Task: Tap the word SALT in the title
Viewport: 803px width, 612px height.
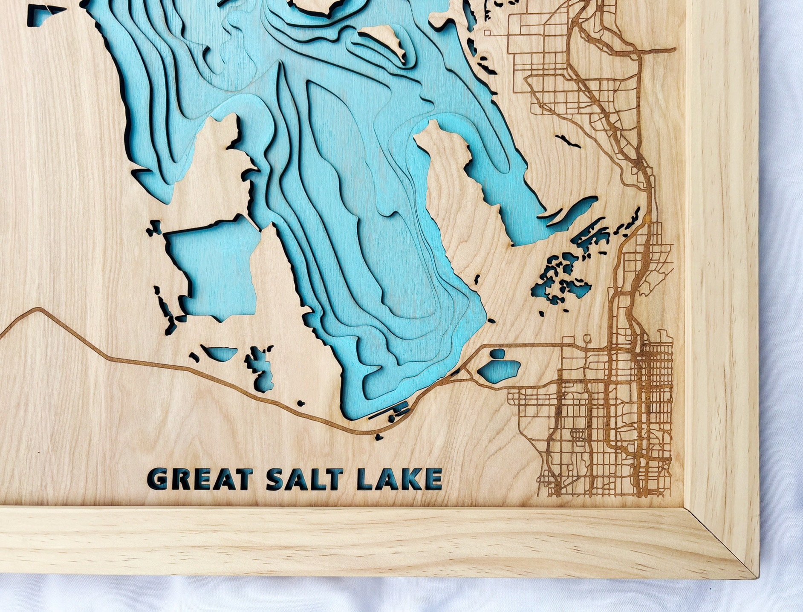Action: [x=303, y=479]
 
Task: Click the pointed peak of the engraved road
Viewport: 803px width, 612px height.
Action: [x=39, y=309]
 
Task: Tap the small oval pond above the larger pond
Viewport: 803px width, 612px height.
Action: [x=497, y=354]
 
